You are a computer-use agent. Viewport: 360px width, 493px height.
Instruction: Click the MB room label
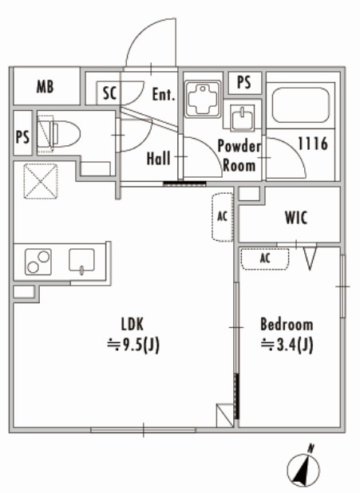click(x=45, y=87)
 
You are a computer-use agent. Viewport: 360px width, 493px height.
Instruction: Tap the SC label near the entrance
click(x=109, y=93)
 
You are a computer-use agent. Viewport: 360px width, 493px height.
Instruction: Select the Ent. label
click(x=164, y=94)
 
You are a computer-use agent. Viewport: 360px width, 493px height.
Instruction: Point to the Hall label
click(x=159, y=159)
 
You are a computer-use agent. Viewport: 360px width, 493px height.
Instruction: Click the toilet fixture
click(x=59, y=135)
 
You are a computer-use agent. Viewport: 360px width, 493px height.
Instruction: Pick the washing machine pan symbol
click(x=203, y=99)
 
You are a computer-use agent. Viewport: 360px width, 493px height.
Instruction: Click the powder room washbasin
click(x=243, y=118)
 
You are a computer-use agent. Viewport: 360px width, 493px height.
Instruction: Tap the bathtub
click(x=300, y=105)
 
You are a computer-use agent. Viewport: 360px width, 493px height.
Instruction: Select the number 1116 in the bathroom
click(x=313, y=144)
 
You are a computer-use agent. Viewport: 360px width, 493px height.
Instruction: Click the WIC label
click(x=296, y=218)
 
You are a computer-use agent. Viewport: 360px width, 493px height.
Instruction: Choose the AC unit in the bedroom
click(x=265, y=258)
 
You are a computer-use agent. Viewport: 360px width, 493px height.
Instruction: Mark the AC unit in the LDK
click(x=223, y=217)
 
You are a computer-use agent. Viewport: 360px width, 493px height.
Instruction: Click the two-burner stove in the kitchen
click(x=38, y=262)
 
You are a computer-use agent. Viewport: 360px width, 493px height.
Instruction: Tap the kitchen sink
click(x=81, y=261)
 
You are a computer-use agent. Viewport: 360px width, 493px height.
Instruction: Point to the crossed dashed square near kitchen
click(x=41, y=181)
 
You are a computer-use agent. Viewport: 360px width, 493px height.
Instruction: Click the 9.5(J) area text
click(x=133, y=345)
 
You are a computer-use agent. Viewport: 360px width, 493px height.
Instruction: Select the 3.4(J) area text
click(x=287, y=345)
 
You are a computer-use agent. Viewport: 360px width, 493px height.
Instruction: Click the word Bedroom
click(x=287, y=325)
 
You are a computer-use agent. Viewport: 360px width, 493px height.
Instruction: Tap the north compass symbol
click(x=303, y=467)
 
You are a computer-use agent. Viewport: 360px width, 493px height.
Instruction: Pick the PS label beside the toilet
click(x=22, y=136)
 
